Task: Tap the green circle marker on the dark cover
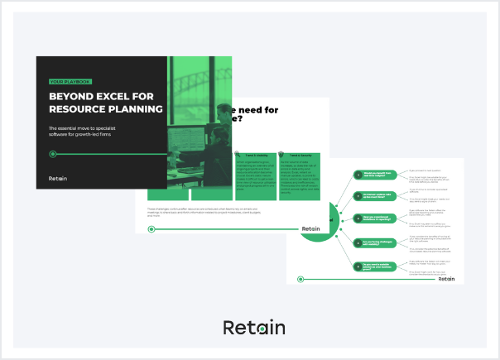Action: (x=53, y=154)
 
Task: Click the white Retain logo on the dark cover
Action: (x=60, y=178)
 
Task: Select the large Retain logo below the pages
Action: (x=254, y=328)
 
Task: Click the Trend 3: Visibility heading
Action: (x=252, y=155)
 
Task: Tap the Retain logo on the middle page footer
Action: (x=310, y=228)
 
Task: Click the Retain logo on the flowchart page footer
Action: (x=446, y=279)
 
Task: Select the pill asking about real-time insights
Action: (x=374, y=174)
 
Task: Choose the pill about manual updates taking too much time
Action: (x=374, y=196)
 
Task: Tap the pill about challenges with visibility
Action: (x=374, y=242)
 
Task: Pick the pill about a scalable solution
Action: (x=374, y=266)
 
